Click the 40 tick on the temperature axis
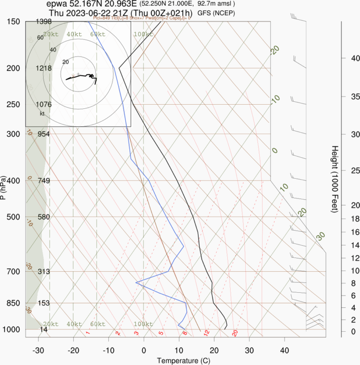(284, 350)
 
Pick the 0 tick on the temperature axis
(143, 350)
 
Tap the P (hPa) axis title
(4, 188)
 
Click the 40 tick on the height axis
(342, 58)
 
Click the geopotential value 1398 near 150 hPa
(43, 22)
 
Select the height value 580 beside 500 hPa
(44, 217)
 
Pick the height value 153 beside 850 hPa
(44, 303)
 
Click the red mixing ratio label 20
(235, 333)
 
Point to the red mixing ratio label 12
(206, 333)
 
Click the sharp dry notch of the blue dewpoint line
(136, 282)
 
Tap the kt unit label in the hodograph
(42, 114)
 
